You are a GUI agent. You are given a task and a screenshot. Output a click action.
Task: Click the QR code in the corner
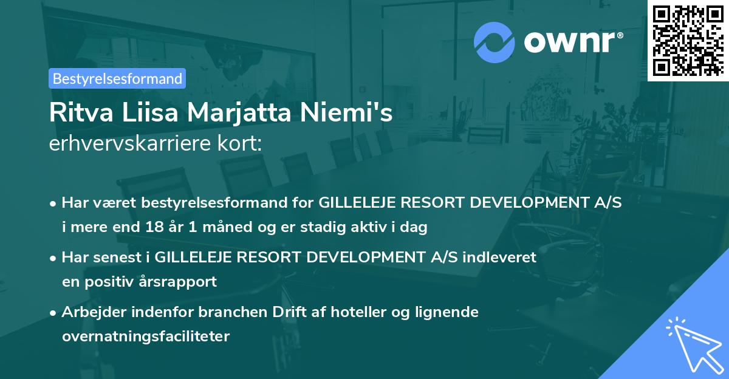[x=688, y=40]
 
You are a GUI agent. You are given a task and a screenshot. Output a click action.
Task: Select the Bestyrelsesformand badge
[x=117, y=78]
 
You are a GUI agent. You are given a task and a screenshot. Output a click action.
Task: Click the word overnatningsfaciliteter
[x=146, y=336]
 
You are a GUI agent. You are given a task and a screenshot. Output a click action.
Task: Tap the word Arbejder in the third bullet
[x=91, y=312]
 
